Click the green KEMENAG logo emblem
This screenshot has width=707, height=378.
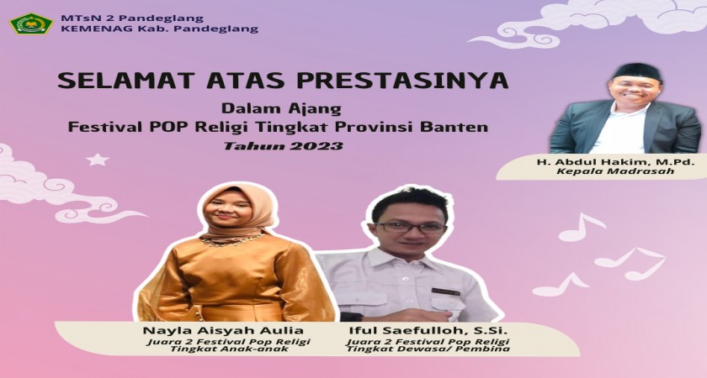[31, 24]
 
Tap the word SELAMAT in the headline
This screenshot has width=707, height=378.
[117, 81]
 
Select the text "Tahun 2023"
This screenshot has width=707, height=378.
[283, 146]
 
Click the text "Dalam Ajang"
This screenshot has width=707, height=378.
[281, 109]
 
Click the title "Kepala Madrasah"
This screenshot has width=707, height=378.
[615, 171]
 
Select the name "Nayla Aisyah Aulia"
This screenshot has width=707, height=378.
[223, 331]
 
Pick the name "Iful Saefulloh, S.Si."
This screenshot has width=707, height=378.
[428, 331]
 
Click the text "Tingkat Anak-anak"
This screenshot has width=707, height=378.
[226, 349]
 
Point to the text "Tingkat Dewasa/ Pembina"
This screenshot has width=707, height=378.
[428, 349]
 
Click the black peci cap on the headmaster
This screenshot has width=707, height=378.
[637, 71]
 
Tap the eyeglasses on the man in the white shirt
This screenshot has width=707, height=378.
[411, 227]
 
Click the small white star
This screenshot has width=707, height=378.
[98, 160]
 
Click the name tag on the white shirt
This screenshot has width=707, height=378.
[445, 292]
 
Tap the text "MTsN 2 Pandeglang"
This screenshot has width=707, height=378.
[131, 18]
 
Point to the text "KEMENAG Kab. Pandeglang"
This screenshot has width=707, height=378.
[159, 29]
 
